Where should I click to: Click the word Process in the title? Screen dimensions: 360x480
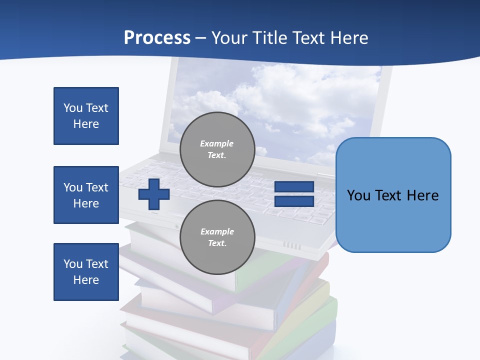157,38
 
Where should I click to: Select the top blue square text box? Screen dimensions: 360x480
86,116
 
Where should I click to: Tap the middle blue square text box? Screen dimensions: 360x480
86,195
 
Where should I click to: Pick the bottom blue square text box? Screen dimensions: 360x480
86,272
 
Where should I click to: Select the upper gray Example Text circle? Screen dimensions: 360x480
217,149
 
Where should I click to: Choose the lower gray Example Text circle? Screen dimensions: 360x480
217,237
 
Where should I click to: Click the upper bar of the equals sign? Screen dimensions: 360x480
294,187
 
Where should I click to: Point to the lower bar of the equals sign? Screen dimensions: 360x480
294,201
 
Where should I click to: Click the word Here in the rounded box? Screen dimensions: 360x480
422,195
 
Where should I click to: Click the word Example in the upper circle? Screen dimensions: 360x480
216,143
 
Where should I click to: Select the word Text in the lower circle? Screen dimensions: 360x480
216,243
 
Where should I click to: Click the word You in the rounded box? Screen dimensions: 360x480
359,195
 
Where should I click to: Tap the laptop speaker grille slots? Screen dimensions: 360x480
292,245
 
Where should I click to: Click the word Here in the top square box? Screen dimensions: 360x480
86,124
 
